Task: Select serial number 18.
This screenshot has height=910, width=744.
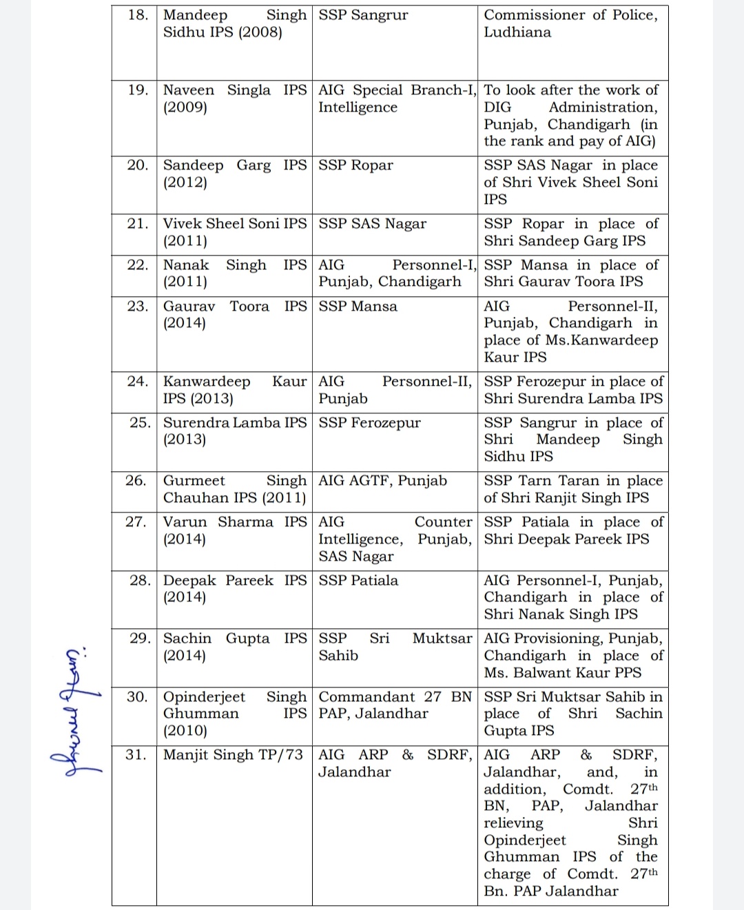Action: click(138, 15)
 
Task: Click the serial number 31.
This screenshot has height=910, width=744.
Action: click(136, 755)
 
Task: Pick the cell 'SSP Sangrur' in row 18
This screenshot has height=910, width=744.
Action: click(363, 15)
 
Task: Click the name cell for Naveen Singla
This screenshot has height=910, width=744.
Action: click(234, 99)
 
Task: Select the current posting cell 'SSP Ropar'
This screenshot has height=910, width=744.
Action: click(355, 165)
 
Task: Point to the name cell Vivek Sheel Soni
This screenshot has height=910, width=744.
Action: click(234, 232)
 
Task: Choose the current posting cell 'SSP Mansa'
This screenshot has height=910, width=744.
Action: click(358, 307)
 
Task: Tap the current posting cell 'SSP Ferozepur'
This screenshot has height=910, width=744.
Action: click(369, 423)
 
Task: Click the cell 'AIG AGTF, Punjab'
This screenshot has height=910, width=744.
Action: click(382, 481)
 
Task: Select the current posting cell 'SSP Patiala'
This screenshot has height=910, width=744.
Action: click(358, 581)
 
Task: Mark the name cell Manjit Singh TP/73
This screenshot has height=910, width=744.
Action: click(233, 755)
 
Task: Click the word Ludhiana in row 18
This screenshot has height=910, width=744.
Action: click(517, 32)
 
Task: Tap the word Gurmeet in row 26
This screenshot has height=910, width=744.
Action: click(194, 481)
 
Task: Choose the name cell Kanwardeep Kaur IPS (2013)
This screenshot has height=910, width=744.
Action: click(234, 390)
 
